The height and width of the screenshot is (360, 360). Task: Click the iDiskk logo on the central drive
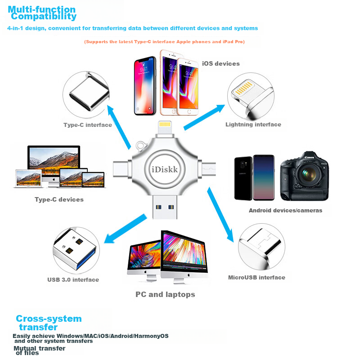(165, 170)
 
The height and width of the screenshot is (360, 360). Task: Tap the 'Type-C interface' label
(88, 125)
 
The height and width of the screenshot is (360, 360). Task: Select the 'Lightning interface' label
(253, 125)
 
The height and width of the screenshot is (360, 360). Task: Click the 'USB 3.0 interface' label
(73, 279)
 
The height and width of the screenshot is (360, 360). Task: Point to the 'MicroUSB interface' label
(256, 277)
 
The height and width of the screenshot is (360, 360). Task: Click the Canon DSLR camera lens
(308, 174)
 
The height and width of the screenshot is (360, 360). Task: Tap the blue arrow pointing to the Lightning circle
(204, 117)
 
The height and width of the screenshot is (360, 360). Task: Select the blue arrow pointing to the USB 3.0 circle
(125, 229)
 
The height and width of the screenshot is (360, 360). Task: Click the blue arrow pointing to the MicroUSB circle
(220, 215)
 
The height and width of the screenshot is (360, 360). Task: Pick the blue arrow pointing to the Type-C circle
(119, 127)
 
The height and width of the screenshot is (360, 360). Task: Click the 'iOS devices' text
(221, 63)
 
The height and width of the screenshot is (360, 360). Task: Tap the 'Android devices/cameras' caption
(285, 210)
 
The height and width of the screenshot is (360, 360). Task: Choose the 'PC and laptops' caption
(165, 294)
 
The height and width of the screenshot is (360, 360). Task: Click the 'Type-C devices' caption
(59, 199)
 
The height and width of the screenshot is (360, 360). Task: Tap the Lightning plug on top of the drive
(165, 129)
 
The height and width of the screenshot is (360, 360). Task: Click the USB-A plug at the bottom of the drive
(165, 207)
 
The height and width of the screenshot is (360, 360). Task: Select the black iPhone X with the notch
(144, 85)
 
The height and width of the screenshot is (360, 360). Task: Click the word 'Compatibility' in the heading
(44, 16)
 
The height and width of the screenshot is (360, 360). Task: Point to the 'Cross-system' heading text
(49, 319)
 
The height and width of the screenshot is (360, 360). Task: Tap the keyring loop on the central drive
(141, 146)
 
